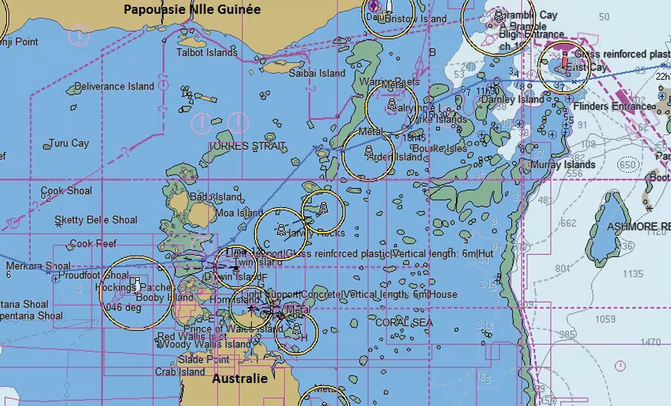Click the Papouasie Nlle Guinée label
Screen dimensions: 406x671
tap(192, 9)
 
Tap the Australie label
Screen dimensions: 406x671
tap(240, 378)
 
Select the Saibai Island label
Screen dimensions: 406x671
tap(317, 73)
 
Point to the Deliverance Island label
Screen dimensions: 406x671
tap(114, 86)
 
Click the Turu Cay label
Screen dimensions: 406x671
tap(69, 143)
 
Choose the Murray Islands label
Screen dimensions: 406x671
tap(563, 164)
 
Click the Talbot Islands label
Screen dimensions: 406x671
tap(207, 52)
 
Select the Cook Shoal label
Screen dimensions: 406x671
tap(66, 191)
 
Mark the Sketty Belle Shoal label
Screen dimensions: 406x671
tap(96, 220)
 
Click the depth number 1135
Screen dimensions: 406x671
tap(633, 274)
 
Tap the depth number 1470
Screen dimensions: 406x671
tap(651, 342)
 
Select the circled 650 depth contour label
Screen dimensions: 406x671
tap(628, 165)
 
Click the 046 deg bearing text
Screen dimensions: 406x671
tap(123, 307)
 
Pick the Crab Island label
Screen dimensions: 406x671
tap(180, 372)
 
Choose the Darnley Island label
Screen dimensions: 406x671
tap(512, 100)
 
